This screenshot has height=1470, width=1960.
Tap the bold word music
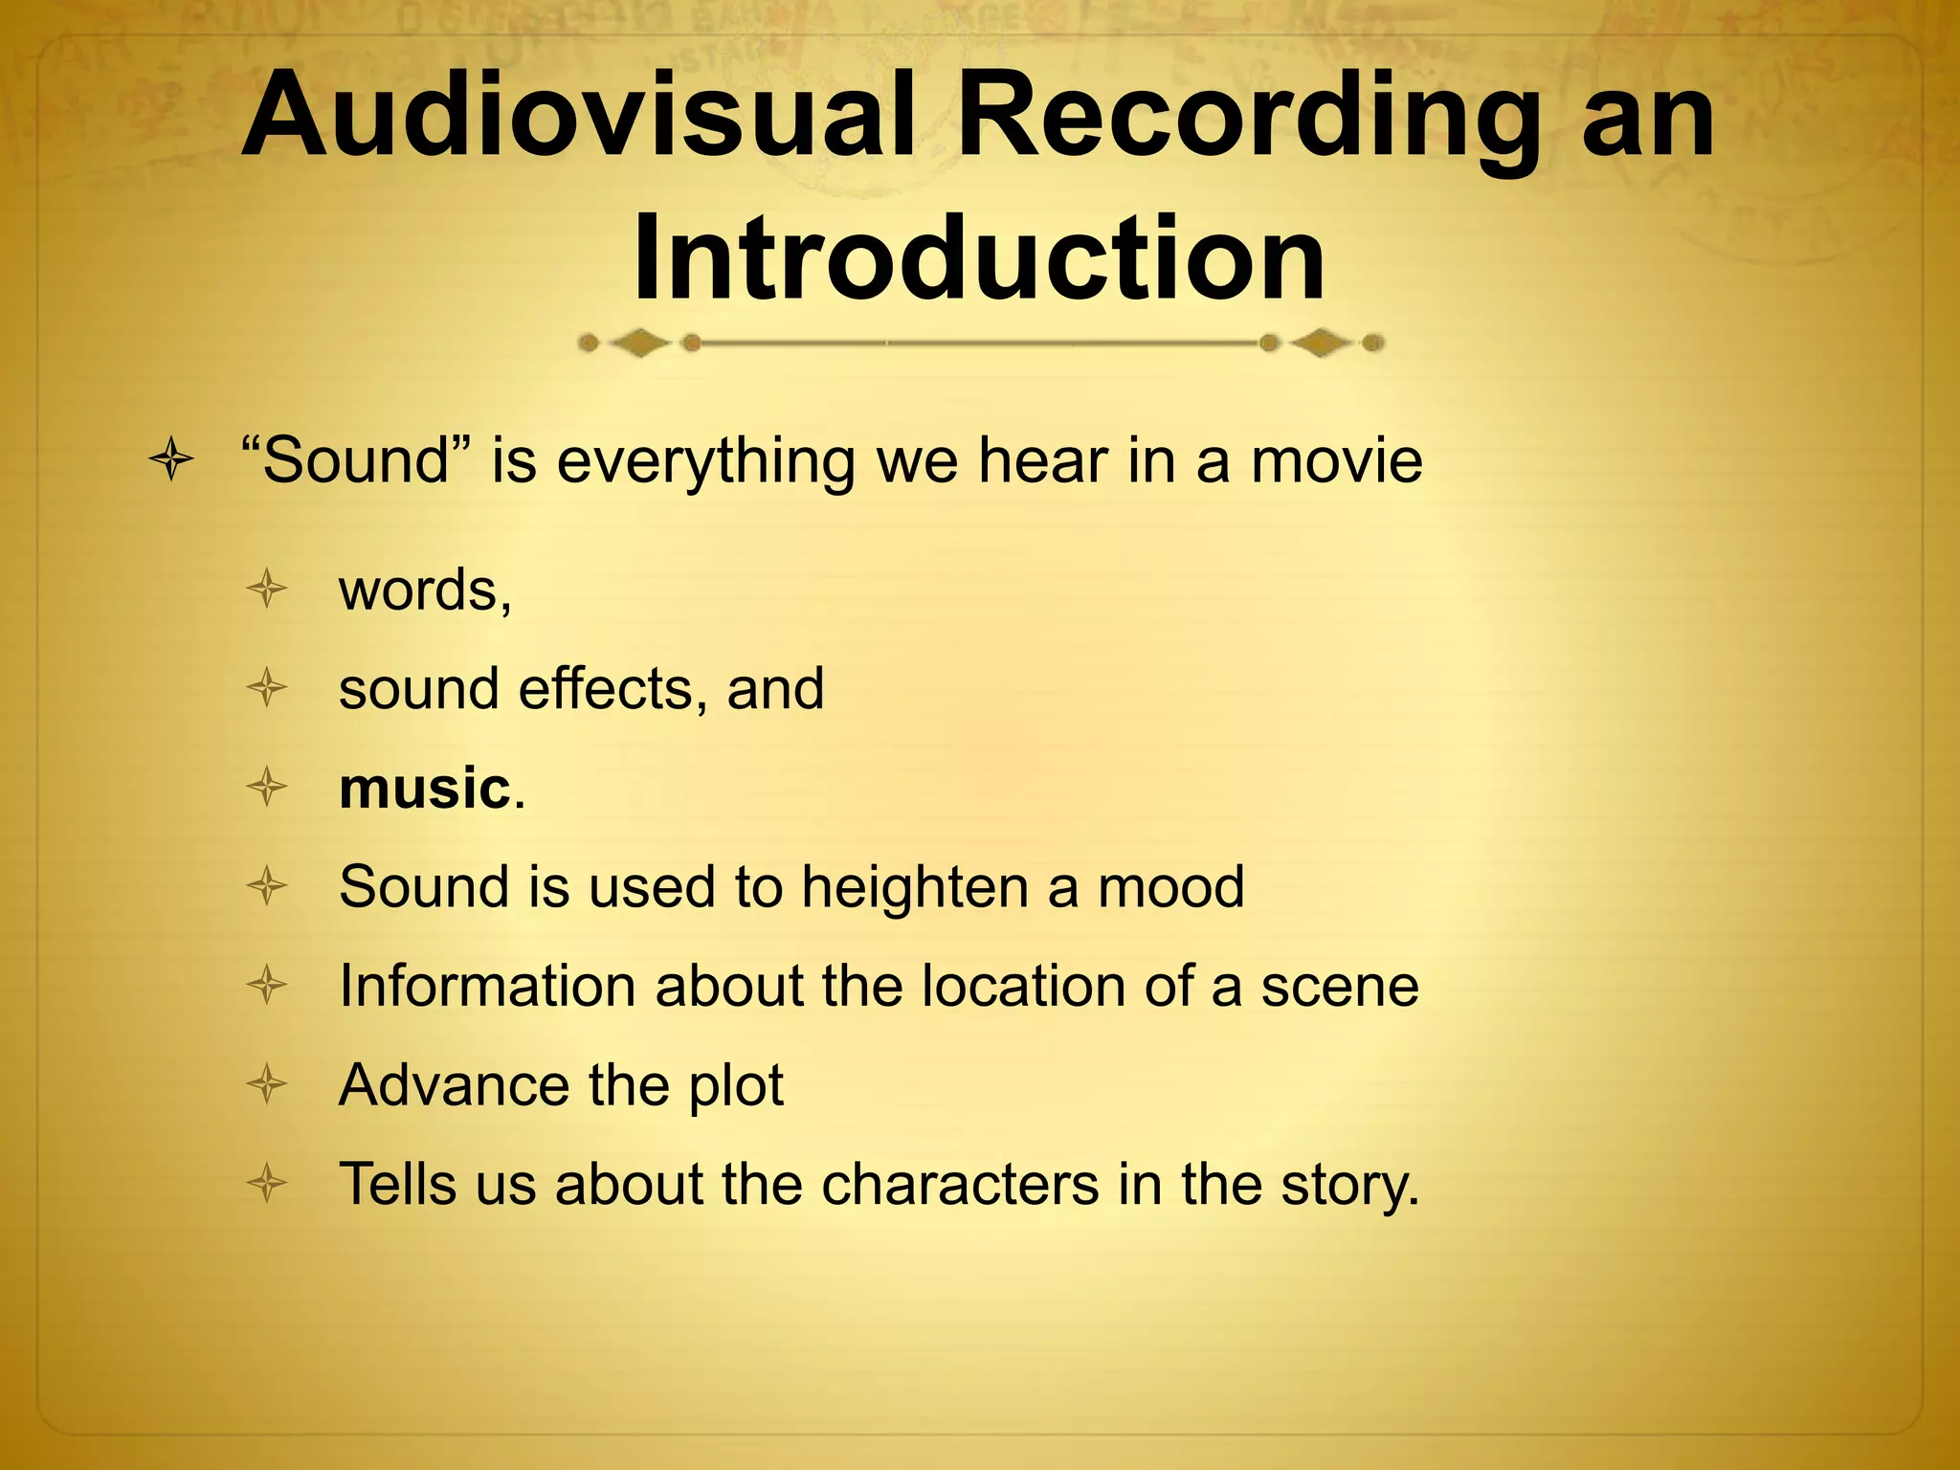point(424,789)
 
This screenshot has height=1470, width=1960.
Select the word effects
point(612,688)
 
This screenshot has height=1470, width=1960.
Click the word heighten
point(914,888)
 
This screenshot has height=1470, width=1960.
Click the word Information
point(487,986)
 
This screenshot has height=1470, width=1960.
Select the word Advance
point(455,1085)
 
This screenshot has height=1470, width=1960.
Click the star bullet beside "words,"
point(267,590)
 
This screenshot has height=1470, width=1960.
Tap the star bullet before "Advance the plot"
point(267,1085)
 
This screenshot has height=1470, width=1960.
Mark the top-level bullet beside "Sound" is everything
point(172,461)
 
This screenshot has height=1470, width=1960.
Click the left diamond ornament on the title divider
point(639,343)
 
